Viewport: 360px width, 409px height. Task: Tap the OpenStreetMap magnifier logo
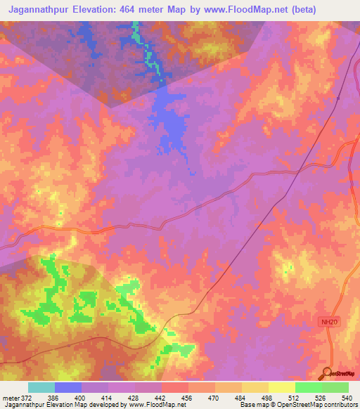coord(326,374)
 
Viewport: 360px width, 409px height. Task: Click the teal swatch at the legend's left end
coord(41,387)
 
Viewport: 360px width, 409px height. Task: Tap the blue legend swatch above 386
coord(68,387)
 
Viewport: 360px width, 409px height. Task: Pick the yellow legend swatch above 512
coord(281,387)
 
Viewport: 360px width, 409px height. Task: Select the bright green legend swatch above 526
coord(308,387)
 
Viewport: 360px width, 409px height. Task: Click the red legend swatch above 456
coord(174,387)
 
